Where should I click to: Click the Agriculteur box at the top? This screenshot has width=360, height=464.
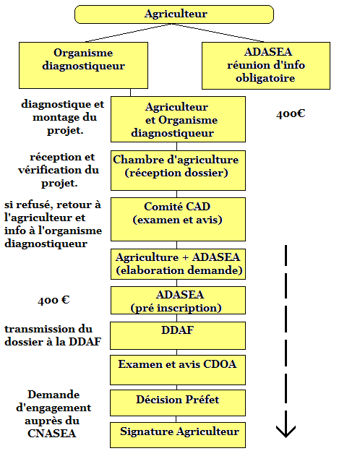click(x=174, y=14)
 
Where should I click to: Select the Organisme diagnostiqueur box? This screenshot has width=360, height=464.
click(x=83, y=65)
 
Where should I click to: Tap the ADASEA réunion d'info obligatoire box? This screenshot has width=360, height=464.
click(x=266, y=66)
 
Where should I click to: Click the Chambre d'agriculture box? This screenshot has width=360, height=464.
click(x=178, y=171)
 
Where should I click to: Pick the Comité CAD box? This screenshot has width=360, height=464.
click(x=178, y=219)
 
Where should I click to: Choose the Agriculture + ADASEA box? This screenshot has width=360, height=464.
click(x=178, y=264)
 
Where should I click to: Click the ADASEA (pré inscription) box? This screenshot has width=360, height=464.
click(x=178, y=300)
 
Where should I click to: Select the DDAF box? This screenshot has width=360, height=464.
click(x=178, y=335)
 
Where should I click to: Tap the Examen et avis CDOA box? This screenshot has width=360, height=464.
click(x=178, y=370)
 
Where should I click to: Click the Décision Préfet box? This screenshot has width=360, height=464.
click(x=178, y=403)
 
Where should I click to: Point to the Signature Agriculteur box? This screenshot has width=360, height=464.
click(x=178, y=435)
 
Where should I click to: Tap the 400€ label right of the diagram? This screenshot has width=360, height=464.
click(x=291, y=114)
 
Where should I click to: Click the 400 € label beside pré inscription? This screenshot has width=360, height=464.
click(x=53, y=301)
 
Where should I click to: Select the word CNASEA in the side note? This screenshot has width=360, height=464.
click(x=52, y=434)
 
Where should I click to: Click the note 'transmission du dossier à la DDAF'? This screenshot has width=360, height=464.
click(x=53, y=335)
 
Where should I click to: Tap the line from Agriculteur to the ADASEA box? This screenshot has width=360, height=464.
click(x=218, y=33)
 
